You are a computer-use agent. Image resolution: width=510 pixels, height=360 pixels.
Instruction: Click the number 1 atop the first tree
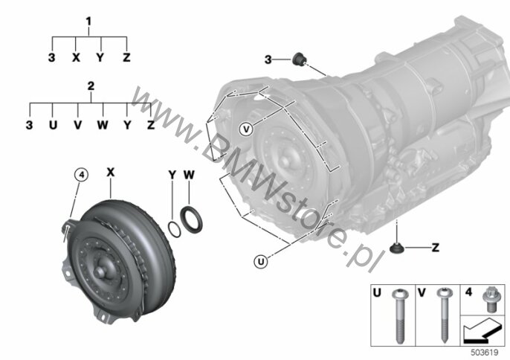(x=88, y=22)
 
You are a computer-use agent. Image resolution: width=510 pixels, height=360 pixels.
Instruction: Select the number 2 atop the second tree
(x=91, y=86)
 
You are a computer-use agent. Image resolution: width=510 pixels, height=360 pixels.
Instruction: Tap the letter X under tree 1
(x=76, y=58)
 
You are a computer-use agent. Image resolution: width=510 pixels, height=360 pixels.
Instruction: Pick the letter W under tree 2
(x=103, y=125)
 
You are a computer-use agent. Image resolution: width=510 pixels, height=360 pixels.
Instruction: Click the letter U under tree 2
(x=53, y=125)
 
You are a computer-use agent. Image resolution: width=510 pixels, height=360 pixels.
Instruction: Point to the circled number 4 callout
(x=81, y=175)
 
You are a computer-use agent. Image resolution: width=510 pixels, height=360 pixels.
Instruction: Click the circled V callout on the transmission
(x=247, y=129)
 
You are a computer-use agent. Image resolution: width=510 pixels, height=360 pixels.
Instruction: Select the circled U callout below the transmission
(x=261, y=261)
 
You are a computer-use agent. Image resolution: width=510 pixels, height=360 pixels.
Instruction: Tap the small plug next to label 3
(x=299, y=60)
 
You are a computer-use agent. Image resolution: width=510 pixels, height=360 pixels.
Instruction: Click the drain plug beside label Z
(x=396, y=248)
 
